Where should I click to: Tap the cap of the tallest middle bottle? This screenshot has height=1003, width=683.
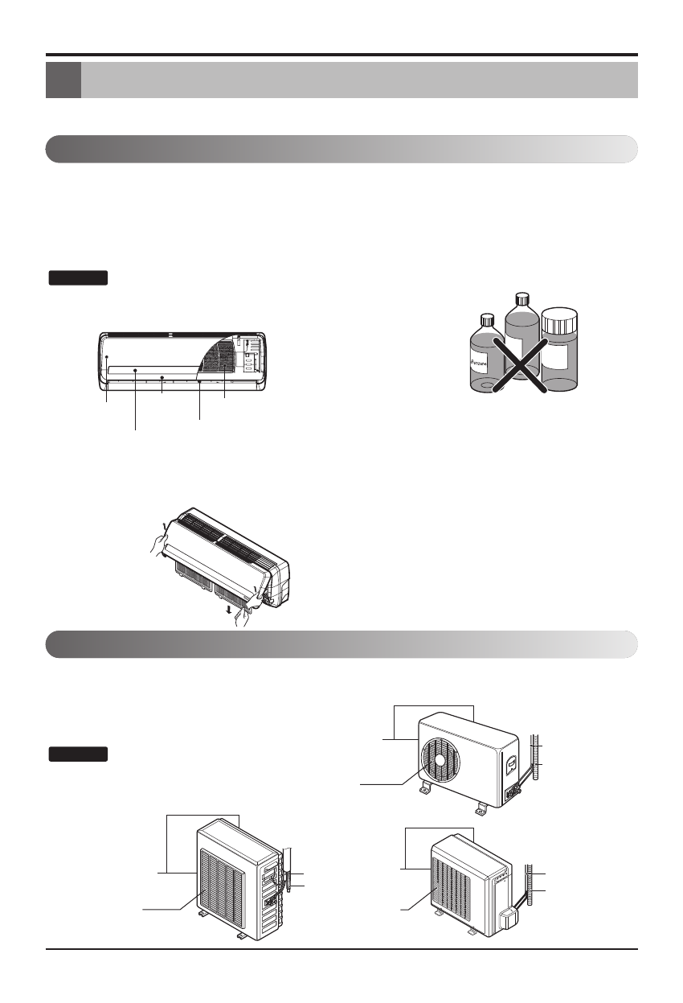click(521, 298)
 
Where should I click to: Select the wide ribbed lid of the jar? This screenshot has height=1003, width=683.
click(559, 319)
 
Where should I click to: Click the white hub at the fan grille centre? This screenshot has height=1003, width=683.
click(440, 761)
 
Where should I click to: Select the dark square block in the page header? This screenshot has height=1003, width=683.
click(63, 80)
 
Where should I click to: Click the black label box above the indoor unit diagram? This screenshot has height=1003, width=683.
click(77, 278)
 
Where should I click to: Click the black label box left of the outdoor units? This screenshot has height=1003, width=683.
click(77, 754)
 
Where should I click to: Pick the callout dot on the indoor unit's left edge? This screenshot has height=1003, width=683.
click(107, 370)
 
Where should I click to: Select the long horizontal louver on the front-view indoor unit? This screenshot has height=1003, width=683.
click(153, 370)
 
